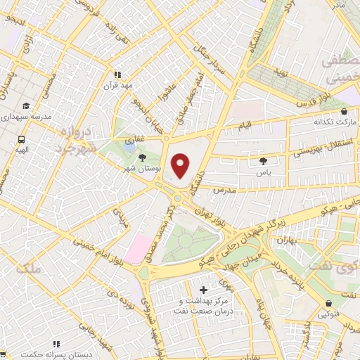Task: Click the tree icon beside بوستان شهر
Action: point(143,157)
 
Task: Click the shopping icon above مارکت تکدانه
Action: point(343,110)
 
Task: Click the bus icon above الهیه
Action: point(22,139)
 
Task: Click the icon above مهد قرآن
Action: point(118,74)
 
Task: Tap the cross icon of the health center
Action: point(204,290)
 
